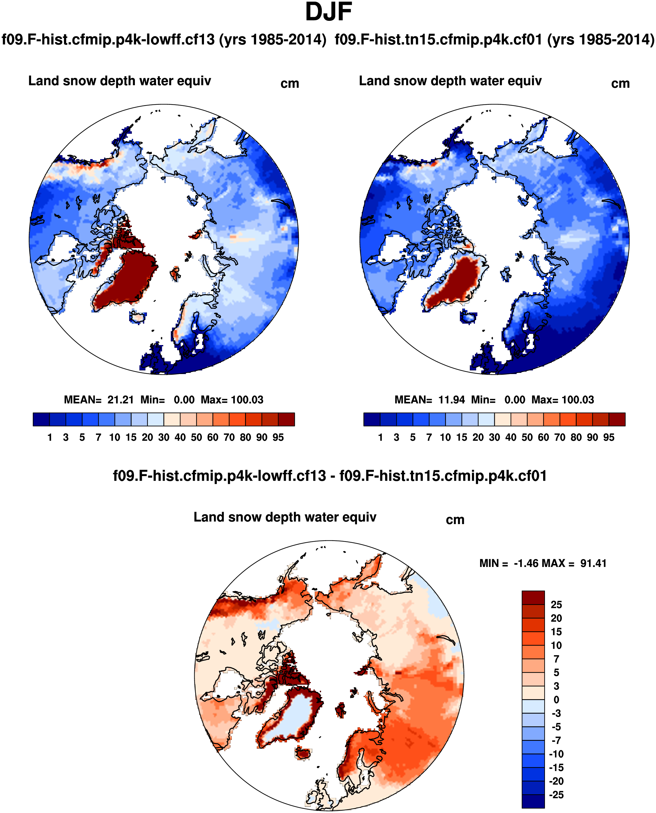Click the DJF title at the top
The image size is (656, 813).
[x=328, y=12]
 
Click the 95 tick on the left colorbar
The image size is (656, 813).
[x=278, y=437]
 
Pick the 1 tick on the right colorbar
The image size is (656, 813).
[x=381, y=437]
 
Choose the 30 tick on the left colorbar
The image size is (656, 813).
[x=164, y=437]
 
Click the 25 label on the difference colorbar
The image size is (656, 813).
[x=556, y=604]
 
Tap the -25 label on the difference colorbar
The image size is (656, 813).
[x=556, y=795]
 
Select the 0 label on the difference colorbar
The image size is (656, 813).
[x=556, y=699]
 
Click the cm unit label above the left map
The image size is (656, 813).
[x=290, y=84]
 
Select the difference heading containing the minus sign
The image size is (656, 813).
[x=330, y=475]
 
